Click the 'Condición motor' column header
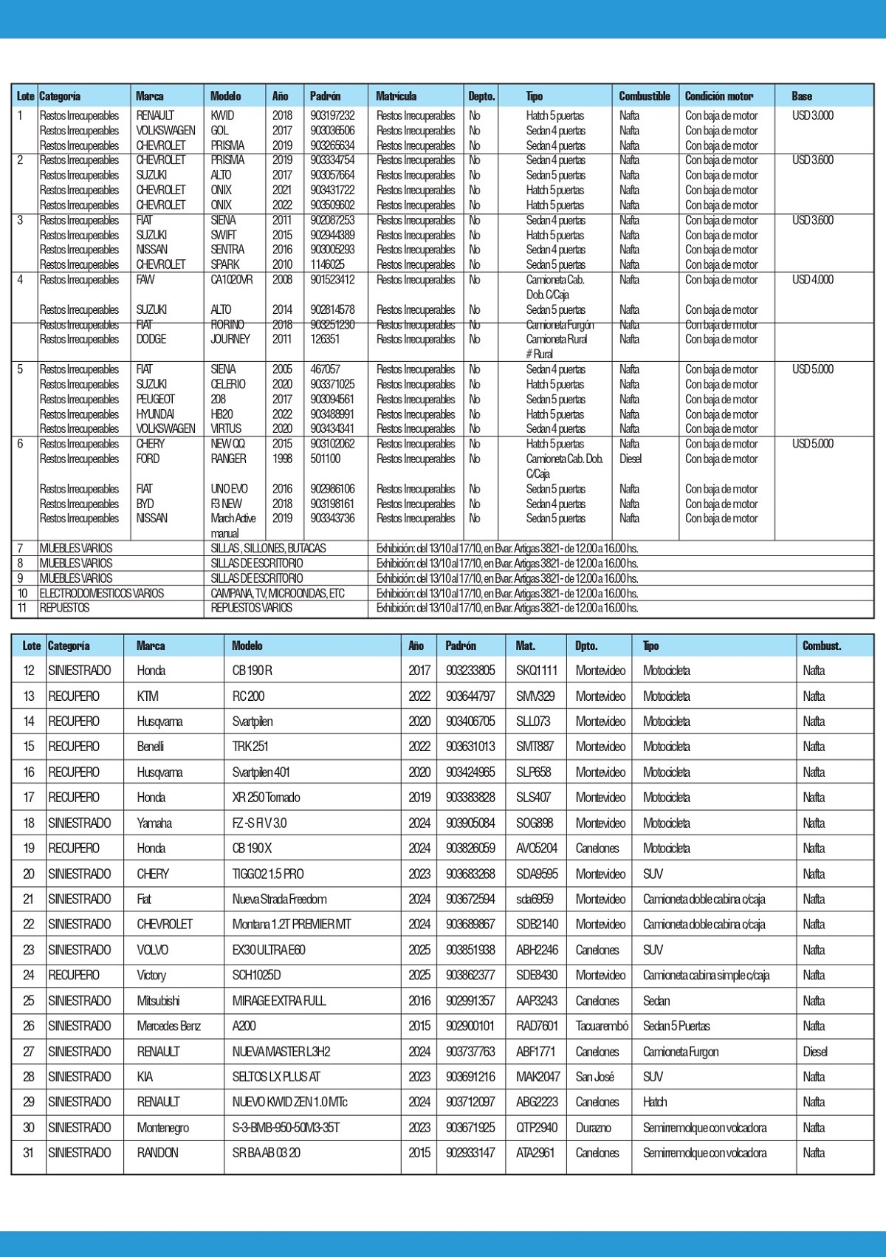coord(718,96)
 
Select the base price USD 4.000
coord(812,280)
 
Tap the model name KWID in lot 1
coord(222,116)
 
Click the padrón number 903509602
coord(332,205)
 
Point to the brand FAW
coord(145,280)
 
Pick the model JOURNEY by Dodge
coord(230,340)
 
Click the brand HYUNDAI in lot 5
coord(155,414)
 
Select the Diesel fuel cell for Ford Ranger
coord(631,459)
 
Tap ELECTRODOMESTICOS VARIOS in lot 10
coord(101,593)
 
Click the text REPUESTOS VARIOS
coord(251,608)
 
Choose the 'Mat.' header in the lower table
coord(525,645)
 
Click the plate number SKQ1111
coord(537,671)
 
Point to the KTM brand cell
coord(148,696)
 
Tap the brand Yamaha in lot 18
coord(154,823)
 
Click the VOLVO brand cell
coord(152,950)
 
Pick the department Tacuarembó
coord(602,1026)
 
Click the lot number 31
coord(29,1153)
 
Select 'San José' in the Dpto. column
coord(594,1077)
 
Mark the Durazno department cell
coord(594,1128)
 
